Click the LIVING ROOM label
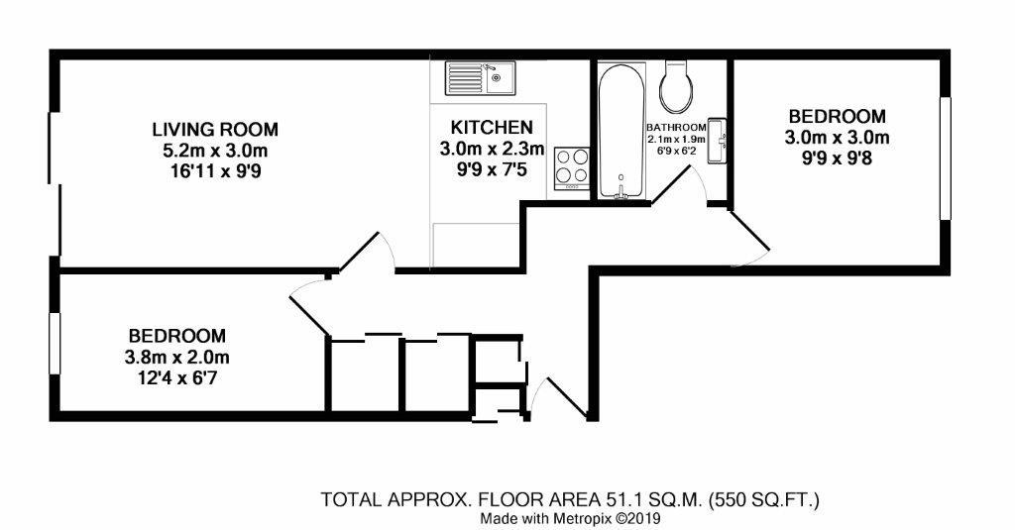click(214, 130)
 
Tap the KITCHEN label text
click(492, 128)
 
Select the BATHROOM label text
click(676, 128)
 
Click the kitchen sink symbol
click(479, 76)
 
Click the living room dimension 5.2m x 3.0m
click(214, 151)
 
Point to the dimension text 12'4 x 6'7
click(176, 377)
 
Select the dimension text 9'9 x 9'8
click(837, 158)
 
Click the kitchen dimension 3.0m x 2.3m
click(492, 150)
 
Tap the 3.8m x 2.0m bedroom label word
click(176, 336)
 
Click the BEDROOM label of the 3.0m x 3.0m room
click(837, 116)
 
